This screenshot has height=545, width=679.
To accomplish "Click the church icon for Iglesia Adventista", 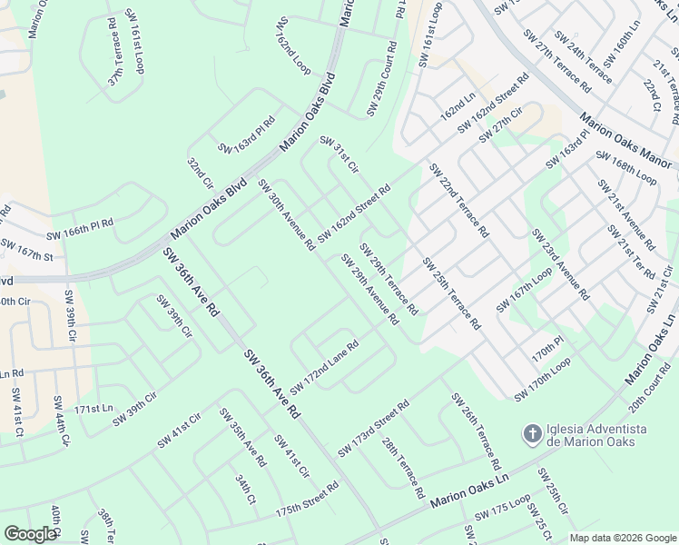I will click(534, 434).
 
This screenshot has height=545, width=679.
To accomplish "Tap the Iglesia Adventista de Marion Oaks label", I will click(596, 434).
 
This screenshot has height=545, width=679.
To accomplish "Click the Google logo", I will click(30, 534).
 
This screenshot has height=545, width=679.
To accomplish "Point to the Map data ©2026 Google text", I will click(623, 537).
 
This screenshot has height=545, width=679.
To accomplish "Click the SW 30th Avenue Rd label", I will click(286, 214).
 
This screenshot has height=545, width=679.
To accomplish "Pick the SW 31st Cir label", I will click(339, 154).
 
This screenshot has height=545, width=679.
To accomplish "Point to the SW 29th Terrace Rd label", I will click(388, 279).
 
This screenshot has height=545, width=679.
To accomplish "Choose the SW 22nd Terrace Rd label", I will click(458, 200).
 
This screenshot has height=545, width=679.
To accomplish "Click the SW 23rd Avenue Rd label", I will click(560, 264).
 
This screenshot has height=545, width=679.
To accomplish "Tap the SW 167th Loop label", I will click(524, 291).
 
